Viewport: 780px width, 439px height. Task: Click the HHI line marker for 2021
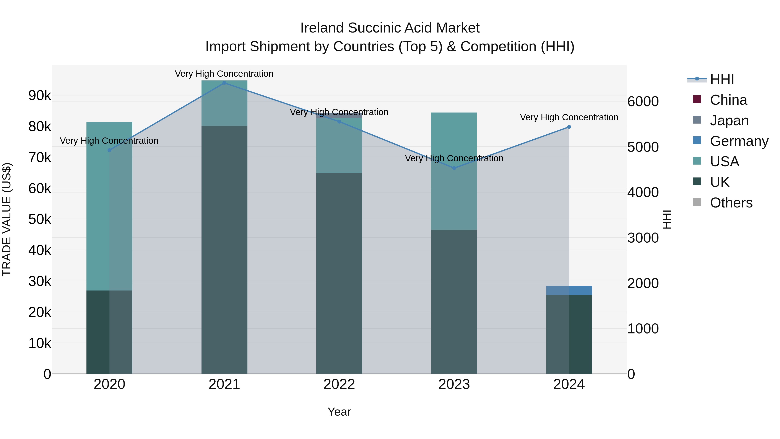(224, 83)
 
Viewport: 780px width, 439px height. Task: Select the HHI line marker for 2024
(569, 127)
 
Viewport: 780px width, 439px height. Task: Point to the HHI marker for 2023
(454, 168)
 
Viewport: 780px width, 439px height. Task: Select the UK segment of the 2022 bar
(339, 273)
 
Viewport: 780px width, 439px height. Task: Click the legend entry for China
(728, 100)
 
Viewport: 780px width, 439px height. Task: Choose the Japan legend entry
(729, 121)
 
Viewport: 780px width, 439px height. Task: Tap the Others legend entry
(731, 203)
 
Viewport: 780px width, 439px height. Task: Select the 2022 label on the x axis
(339, 384)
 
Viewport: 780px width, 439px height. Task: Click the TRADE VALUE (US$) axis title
(7, 219)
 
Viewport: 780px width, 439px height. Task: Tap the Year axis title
(339, 412)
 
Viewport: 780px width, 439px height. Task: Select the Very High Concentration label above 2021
(224, 74)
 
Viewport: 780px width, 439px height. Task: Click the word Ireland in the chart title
(322, 28)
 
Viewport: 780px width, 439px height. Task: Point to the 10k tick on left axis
(40, 343)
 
